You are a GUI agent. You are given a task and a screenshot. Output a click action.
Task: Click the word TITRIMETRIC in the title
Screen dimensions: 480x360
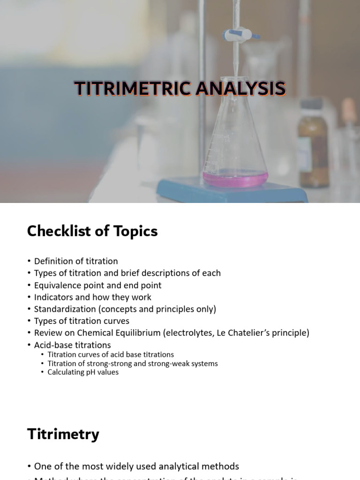click(134, 89)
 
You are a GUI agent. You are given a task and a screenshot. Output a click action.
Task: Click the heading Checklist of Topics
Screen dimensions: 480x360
click(92, 231)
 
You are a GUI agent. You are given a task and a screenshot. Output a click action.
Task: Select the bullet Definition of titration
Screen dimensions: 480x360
click(76, 261)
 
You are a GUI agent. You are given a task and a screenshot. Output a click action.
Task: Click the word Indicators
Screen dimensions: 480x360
click(53, 297)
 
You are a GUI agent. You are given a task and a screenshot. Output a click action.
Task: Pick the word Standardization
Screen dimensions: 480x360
click(64, 309)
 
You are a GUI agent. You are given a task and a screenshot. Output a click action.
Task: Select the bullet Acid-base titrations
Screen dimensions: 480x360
click(72, 345)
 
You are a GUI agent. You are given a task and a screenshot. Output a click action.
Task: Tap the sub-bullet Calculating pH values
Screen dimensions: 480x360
click(83, 372)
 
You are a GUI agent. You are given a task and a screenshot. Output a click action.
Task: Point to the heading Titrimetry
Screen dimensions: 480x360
click(63, 434)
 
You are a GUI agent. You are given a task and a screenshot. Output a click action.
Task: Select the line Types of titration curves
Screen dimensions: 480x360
click(82, 321)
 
